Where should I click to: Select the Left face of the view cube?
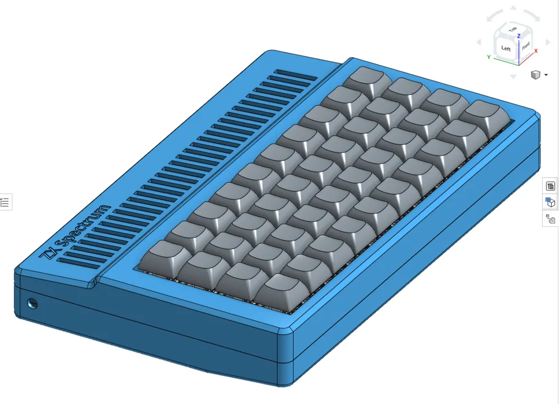pyautogui.click(x=506, y=49)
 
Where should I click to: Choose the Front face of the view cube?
pyautogui.click(x=526, y=47)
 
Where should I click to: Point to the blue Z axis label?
pyautogui.click(x=519, y=36)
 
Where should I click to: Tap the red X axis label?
pyautogui.click(x=536, y=51)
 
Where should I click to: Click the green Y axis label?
pyautogui.click(x=489, y=57)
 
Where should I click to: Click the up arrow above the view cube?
pyautogui.click(x=512, y=10)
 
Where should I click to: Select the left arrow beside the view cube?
pyautogui.click(x=478, y=43)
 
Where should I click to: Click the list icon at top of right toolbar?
pyautogui.click(x=550, y=187)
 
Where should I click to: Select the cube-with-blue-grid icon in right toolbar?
pyautogui.click(x=550, y=202)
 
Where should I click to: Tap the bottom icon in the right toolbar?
pyautogui.click(x=550, y=220)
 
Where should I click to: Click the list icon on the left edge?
pyautogui.click(x=5, y=202)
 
